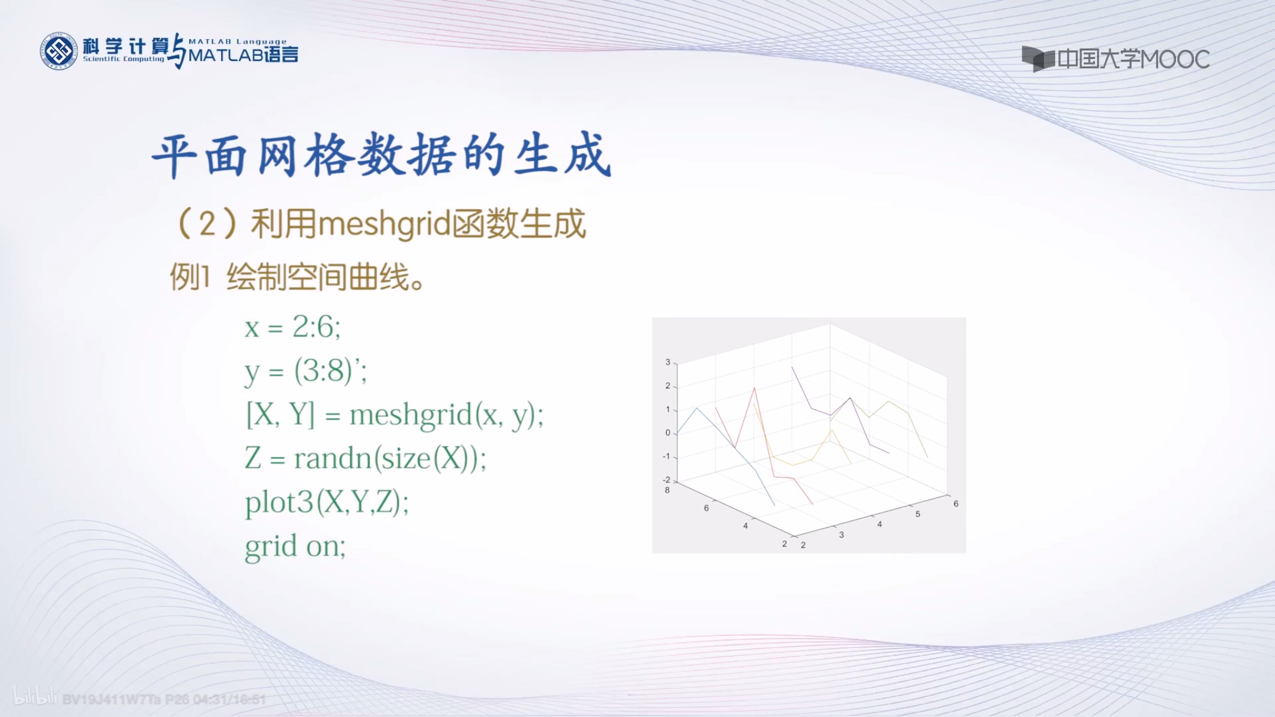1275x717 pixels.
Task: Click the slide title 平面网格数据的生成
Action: coord(382,156)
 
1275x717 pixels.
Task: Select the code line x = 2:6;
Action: coord(293,327)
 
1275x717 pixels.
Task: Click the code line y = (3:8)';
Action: coord(306,372)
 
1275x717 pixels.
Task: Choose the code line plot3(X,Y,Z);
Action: coord(327,503)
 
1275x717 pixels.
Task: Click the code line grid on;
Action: coord(295,547)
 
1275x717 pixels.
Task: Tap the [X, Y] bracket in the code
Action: coord(281,415)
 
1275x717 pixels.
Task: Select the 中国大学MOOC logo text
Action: coord(1133,60)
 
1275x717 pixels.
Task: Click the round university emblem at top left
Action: coord(59,51)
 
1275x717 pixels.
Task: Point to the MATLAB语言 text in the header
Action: coord(243,55)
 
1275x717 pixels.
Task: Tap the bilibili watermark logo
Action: coord(35,696)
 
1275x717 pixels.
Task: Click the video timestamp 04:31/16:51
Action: coord(230,700)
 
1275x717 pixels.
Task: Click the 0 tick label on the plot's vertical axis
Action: coord(668,433)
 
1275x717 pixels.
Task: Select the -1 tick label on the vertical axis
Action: coord(666,456)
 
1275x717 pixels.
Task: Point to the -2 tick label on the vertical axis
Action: coord(666,480)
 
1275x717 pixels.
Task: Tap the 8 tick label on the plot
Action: coord(667,490)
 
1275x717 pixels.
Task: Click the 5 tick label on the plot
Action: coord(918,514)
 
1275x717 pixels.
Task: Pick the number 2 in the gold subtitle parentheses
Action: coord(207,224)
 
